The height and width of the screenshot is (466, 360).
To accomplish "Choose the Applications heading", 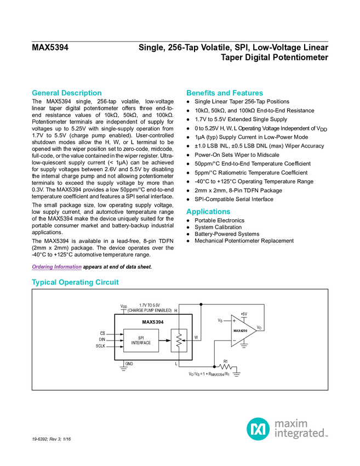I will pos(208,212).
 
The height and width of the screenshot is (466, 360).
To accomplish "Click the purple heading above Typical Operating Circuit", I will pos(56,268).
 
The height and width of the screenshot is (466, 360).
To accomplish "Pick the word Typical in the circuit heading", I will pos(43,283).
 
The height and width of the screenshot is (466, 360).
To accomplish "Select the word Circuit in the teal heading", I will pos(108,283).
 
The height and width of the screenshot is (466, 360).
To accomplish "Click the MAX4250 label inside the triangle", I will pos(240,331).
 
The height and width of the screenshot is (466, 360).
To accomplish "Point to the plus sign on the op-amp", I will pos(235,321).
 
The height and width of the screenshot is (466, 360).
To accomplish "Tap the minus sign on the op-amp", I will pos(235,340).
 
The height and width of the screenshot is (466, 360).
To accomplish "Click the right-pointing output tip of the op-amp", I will pos(255,331).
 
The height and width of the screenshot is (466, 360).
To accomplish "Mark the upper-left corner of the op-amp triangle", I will pos(232,316).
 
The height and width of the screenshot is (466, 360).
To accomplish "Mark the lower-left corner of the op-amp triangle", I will pos(232,345).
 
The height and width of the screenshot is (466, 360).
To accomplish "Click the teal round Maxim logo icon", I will pos(258,429).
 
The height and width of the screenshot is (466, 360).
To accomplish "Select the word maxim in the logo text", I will pos(292,423).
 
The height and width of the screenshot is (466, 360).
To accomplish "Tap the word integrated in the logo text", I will pos(300,434).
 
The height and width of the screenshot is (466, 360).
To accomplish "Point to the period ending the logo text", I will pos(328,436).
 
